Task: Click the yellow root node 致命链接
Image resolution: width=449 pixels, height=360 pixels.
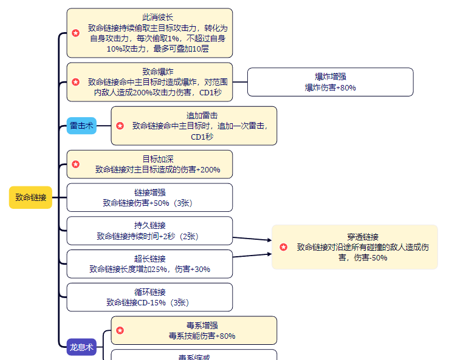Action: pyautogui.click(x=30, y=197)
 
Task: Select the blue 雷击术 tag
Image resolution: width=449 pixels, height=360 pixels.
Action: pyautogui.click(x=81, y=126)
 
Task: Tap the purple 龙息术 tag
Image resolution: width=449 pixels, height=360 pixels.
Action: pyautogui.click(x=81, y=348)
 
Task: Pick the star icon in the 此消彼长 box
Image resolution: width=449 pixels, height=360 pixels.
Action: pyautogui.click(x=75, y=33)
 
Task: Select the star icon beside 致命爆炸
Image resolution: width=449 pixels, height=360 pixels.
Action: pyautogui.click(x=75, y=82)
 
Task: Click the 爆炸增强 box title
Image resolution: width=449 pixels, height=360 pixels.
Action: pyautogui.click(x=330, y=76)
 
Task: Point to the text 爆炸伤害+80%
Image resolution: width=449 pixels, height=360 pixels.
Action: pyautogui.click(x=330, y=87)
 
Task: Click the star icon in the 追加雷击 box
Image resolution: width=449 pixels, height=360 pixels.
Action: pyautogui.click(x=120, y=126)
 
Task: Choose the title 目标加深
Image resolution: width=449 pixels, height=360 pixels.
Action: pyautogui.click(x=149, y=159)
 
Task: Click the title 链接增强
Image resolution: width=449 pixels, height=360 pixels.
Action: pyautogui.click(x=149, y=192)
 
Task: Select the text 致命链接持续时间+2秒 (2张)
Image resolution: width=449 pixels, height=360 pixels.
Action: pyautogui.click(x=149, y=236)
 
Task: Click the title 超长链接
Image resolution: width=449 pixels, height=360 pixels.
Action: pyautogui.click(x=149, y=259)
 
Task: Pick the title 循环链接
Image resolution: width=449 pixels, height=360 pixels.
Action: pyautogui.click(x=149, y=292)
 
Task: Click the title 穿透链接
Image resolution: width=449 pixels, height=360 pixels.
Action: pyautogui.click(x=363, y=237)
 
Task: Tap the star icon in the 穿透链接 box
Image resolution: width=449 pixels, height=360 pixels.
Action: pyautogui.click(x=283, y=247)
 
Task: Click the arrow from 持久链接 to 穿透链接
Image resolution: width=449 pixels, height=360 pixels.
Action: pyautogui.click(x=252, y=239)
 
